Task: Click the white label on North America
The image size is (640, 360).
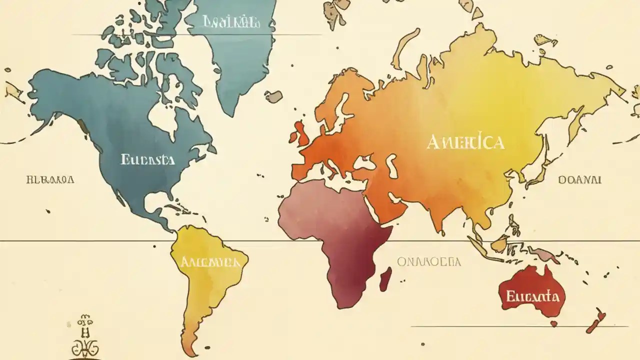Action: [x=147, y=160]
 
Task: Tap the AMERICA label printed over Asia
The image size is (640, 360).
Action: [x=465, y=142]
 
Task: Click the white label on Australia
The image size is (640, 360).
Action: [x=532, y=296]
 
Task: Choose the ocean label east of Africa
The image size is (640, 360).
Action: [x=429, y=261]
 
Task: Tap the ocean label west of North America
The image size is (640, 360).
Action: [x=50, y=179]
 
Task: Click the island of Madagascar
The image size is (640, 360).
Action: [x=385, y=279]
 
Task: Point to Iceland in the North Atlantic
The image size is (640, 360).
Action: [x=273, y=96]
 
